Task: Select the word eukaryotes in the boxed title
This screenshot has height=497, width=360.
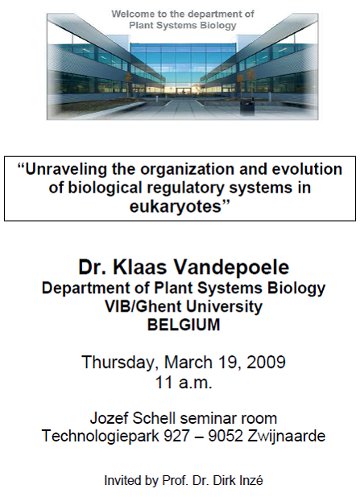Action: [x=175, y=207]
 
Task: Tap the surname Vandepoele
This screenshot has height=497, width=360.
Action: [x=233, y=267]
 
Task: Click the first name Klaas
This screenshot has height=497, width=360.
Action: [x=140, y=267]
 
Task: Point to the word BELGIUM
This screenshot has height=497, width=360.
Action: [x=184, y=325]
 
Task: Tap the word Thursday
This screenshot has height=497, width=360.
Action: [x=118, y=362]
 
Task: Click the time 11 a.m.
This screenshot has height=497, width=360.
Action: [x=184, y=383]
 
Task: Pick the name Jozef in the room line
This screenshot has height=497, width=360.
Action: [x=110, y=418]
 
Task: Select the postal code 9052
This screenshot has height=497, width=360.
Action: [x=226, y=436]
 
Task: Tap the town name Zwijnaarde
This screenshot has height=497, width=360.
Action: [x=286, y=436]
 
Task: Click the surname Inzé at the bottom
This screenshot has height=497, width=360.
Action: [x=250, y=480]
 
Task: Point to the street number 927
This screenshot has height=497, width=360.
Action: [x=176, y=436]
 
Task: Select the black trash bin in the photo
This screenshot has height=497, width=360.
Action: [x=247, y=106]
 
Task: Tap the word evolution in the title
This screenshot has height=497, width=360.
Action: [x=307, y=170]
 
